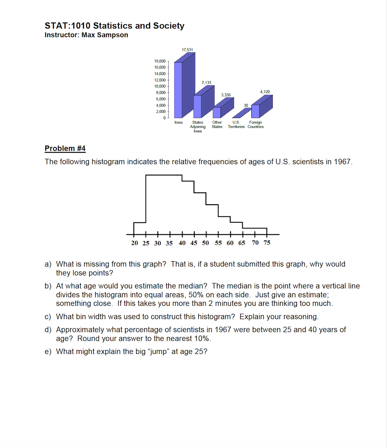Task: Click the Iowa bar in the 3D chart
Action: [x=178, y=90]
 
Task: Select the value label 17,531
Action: [x=187, y=50]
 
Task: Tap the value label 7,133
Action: [x=207, y=83]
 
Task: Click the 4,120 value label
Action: [x=265, y=92]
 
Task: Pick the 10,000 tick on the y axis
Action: [x=160, y=86]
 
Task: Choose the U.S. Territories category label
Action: [x=236, y=124]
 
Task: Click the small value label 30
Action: [x=246, y=105]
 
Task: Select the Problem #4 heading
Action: [x=65, y=148]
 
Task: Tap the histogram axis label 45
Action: [x=194, y=243]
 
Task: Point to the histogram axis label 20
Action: [x=135, y=243]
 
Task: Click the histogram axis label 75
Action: [x=267, y=242]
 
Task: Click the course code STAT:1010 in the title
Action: [x=67, y=26]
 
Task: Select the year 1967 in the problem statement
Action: [x=342, y=162]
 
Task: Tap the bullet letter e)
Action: [x=48, y=352]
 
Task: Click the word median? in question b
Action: [x=193, y=286]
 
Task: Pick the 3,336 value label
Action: [x=226, y=95]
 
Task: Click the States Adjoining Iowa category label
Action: [x=198, y=127]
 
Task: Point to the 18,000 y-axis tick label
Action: [x=160, y=61]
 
